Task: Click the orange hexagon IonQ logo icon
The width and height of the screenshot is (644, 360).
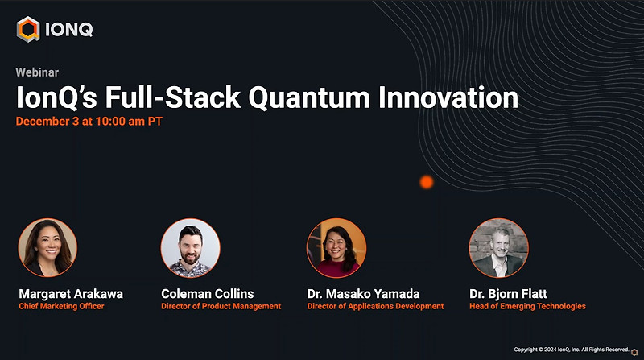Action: tap(28, 30)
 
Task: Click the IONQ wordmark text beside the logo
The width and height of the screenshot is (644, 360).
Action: tap(68, 30)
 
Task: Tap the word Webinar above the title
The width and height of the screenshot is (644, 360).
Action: tap(36, 72)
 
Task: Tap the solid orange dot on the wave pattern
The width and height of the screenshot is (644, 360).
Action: tap(427, 182)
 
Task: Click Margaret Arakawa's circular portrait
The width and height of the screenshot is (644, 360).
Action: tap(47, 248)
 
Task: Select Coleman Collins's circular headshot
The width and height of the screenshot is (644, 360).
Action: tap(191, 248)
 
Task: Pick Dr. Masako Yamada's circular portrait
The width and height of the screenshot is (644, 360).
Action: tap(336, 248)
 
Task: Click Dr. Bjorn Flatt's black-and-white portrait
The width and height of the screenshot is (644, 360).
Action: tap(498, 248)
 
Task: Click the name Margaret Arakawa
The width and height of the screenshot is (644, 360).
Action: tap(71, 293)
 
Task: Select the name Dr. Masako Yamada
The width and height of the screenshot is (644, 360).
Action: tap(363, 293)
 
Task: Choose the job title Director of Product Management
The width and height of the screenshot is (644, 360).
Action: tap(221, 307)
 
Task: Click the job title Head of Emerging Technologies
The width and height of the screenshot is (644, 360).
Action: tap(527, 307)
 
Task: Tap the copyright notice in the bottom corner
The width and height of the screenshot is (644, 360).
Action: tap(572, 350)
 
